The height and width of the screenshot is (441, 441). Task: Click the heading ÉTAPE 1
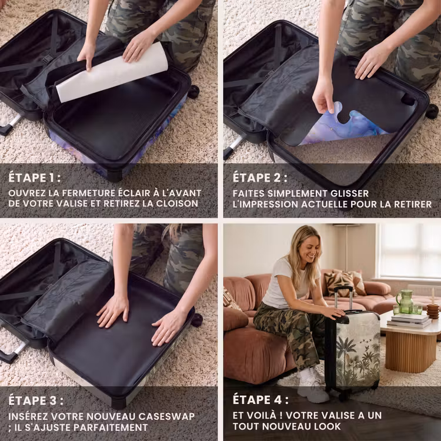click(34, 178)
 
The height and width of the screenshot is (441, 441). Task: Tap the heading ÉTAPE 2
click(260, 178)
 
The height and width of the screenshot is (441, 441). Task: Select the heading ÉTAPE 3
click(36, 400)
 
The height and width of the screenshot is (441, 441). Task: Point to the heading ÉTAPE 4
click(260, 400)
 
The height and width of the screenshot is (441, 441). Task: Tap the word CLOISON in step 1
click(177, 203)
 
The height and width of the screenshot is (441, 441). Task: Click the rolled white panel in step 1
click(112, 72)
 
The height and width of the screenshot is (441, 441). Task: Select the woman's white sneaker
click(313, 386)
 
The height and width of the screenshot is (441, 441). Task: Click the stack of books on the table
click(409, 320)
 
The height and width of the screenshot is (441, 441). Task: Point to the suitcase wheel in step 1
click(193, 92)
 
